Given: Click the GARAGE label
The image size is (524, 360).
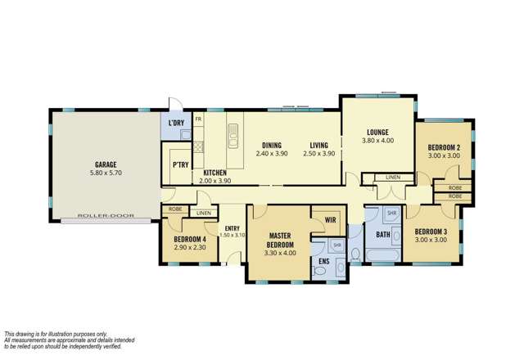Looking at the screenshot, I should [x=105, y=164].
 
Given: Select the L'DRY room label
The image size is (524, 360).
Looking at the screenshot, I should [x=175, y=124].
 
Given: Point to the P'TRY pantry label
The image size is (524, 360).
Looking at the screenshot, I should [x=180, y=164].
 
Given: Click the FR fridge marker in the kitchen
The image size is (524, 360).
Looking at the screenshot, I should [x=199, y=119].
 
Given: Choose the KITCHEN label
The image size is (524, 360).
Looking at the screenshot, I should [x=215, y=172].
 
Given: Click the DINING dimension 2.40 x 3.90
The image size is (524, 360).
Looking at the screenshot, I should [x=273, y=154].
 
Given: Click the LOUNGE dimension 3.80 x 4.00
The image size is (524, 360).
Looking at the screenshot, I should [x=377, y=140].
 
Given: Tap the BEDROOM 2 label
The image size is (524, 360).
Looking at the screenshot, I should [x=444, y=147].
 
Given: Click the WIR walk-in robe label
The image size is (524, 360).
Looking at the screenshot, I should [x=331, y=219].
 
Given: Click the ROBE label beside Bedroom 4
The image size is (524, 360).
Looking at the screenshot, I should [x=174, y=209].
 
